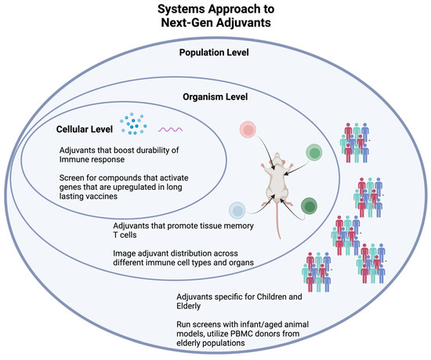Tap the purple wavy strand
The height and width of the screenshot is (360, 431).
click(171, 129)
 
